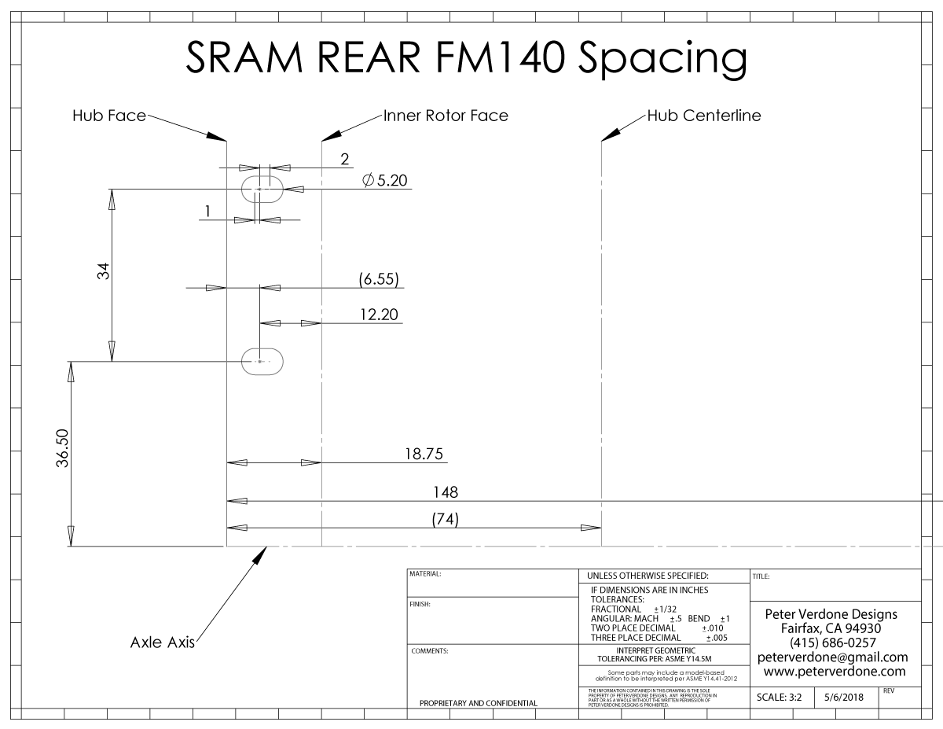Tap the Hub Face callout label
[x=109, y=116]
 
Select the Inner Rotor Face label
[x=446, y=116]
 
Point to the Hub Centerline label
[x=704, y=116]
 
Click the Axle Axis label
[x=162, y=642]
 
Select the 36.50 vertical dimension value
[x=64, y=448]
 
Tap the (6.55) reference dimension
[x=379, y=278]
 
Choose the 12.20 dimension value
[x=379, y=315]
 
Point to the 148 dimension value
[x=446, y=492]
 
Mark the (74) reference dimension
[x=446, y=519]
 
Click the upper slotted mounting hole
[x=261, y=189]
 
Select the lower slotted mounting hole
[x=261, y=361]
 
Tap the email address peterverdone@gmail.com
[x=832, y=657]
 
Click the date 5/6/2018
[x=844, y=697]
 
